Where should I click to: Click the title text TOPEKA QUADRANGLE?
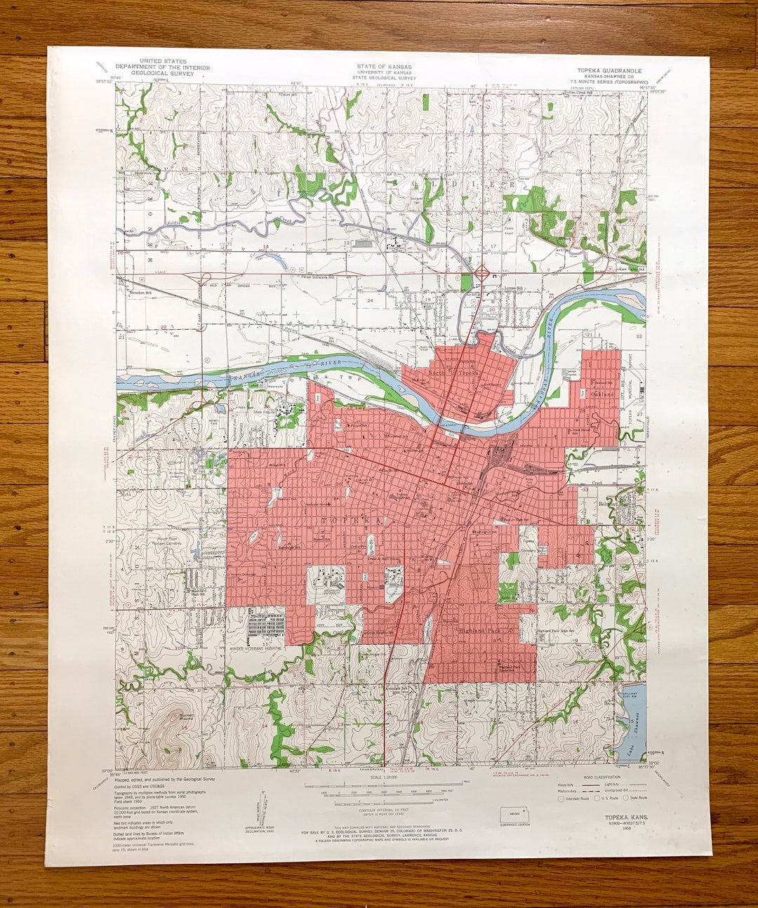609,71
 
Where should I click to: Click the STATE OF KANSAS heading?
384,67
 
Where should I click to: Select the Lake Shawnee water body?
632,730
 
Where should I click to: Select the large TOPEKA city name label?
354,521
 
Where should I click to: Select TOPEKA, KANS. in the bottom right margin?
626,818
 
